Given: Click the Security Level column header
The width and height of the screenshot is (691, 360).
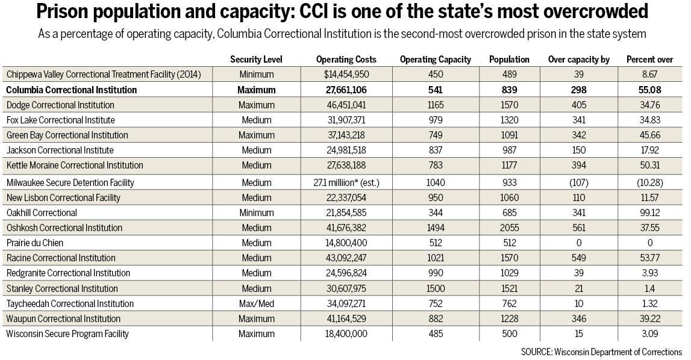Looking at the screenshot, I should tap(256, 60).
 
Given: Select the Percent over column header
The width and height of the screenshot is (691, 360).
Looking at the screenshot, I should tap(649, 60).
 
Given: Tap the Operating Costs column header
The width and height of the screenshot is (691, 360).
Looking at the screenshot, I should tap(346, 60).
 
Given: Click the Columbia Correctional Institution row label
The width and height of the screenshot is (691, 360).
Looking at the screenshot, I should tap(72, 90).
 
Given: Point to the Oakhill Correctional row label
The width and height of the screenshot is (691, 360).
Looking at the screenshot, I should tap(42, 213).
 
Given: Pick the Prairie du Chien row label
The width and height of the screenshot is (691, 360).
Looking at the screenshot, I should tap(34, 243).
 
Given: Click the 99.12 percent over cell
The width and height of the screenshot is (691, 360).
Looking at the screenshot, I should tap(649, 213).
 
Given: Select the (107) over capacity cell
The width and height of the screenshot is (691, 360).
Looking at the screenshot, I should tap(578, 182).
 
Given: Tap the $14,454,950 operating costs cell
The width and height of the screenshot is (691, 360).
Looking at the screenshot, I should tap(346, 75).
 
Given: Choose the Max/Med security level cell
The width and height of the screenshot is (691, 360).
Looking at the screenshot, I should tap(256, 303).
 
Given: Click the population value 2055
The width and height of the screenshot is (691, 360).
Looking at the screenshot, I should tap(509, 228).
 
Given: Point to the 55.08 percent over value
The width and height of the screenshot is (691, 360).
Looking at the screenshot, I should tap(649, 90).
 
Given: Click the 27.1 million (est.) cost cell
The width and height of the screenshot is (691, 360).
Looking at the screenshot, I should tap(346, 182).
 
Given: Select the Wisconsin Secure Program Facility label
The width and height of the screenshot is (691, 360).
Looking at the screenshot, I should tap(67, 334).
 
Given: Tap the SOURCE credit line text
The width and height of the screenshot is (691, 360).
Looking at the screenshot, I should tap(601, 352).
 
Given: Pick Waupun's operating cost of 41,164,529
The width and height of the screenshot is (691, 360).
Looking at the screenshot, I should tap(346, 318).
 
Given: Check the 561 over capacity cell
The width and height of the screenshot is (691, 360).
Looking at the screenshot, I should tap(578, 228).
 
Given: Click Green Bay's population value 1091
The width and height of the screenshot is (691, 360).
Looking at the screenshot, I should tap(509, 135).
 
